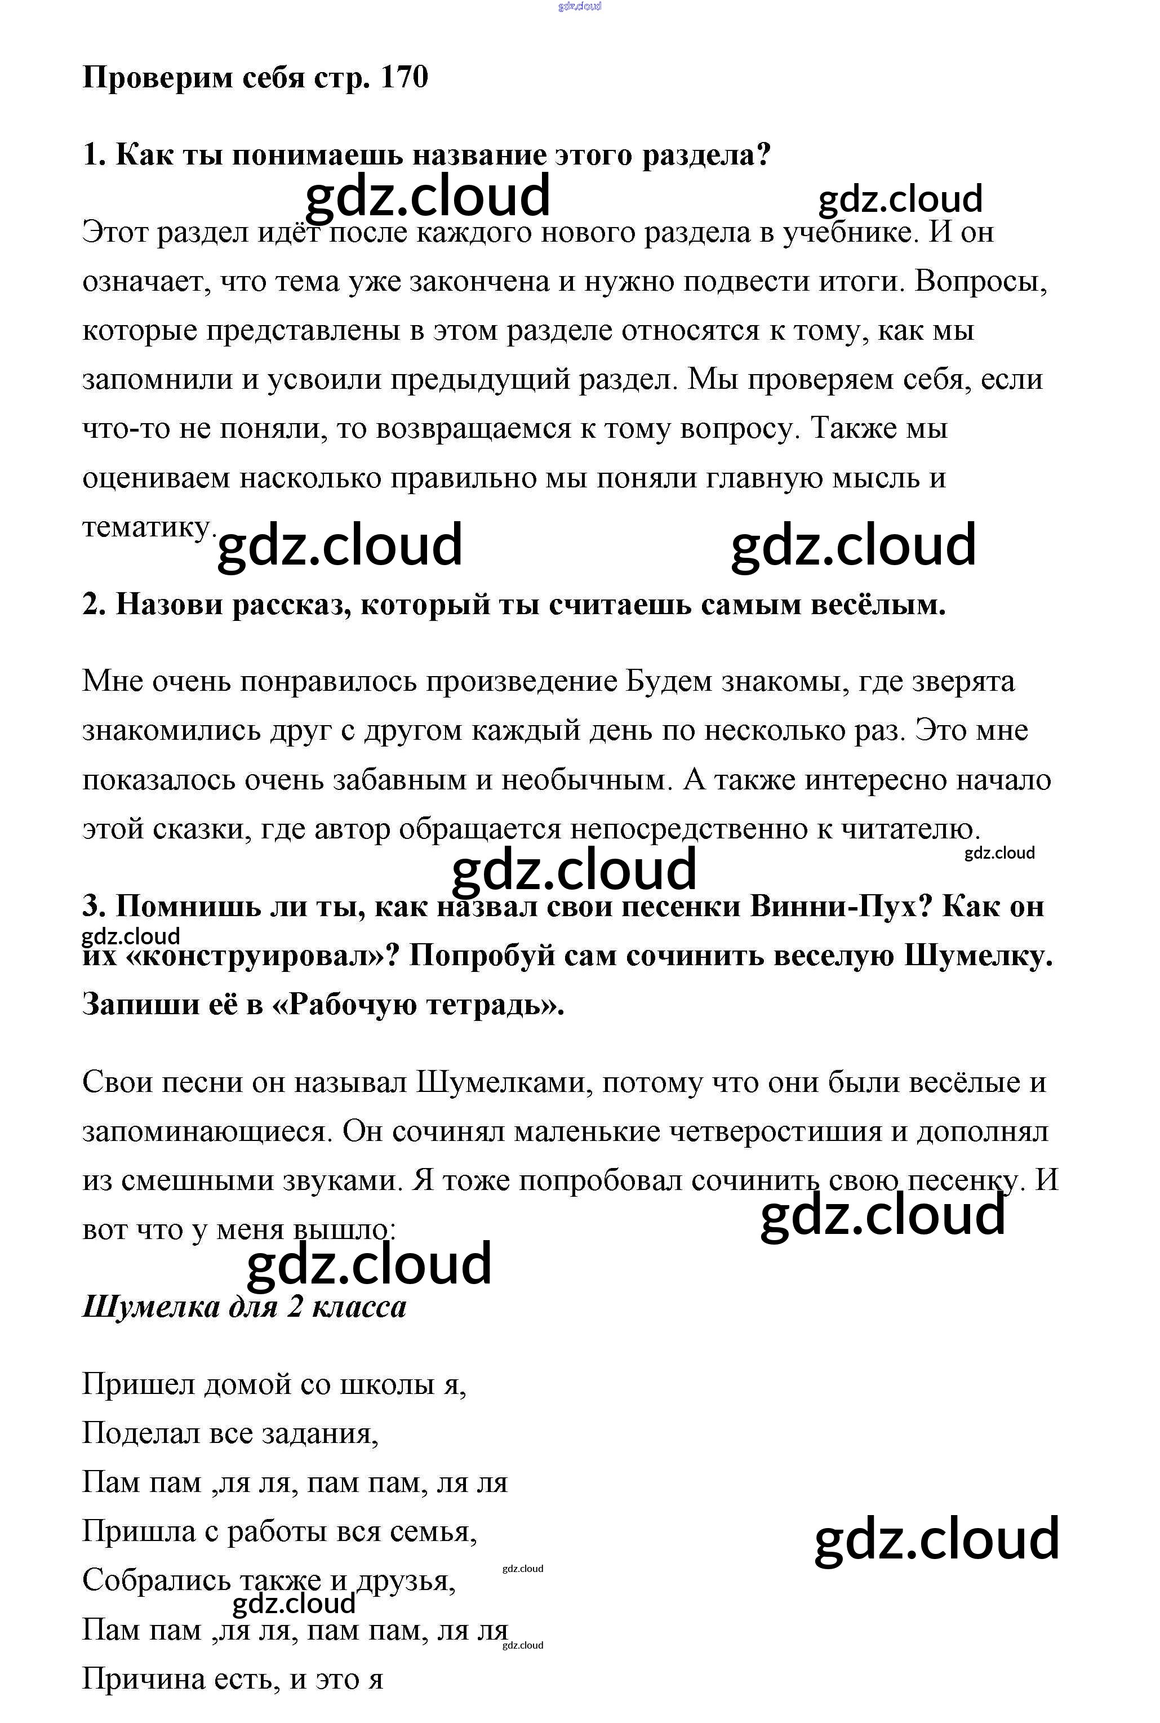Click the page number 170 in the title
pos(404,77)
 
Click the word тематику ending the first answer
pos(148,527)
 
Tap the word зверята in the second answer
pos(962,681)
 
